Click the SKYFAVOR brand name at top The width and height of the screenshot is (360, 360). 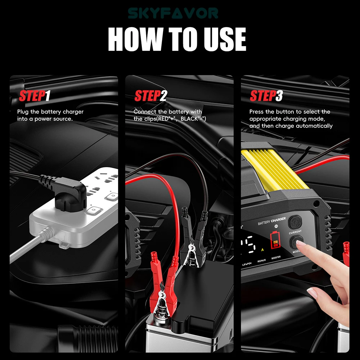point(173,14)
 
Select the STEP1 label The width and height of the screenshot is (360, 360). point(35,96)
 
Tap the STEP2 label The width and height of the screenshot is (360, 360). point(150,96)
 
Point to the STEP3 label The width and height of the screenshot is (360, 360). point(266,96)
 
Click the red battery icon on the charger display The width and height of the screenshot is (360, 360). point(276,240)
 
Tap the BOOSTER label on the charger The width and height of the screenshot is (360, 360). point(276,257)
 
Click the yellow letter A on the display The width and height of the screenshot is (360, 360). point(262,249)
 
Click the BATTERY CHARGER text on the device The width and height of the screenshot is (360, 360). point(272,221)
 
